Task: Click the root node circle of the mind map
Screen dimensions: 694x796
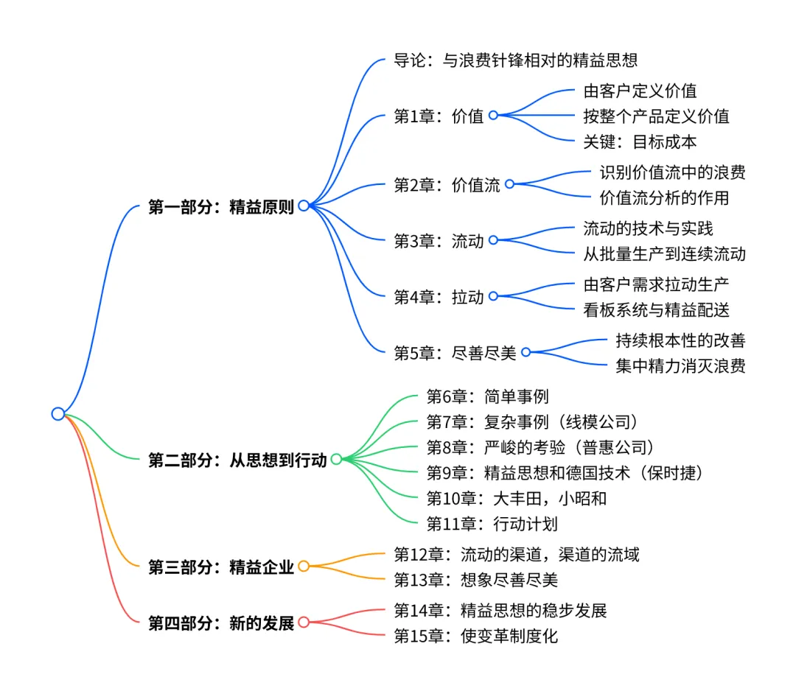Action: click(x=58, y=414)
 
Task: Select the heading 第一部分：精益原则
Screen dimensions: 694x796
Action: click(x=221, y=207)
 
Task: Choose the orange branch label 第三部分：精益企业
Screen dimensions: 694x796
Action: click(x=221, y=567)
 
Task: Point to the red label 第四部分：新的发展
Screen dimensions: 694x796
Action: click(x=221, y=623)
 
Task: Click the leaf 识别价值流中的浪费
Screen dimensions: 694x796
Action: click(x=672, y=172)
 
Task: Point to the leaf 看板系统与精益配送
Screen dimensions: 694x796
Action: click(x=656, y=310)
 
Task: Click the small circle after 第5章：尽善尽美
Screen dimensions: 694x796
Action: click(x=526, y=352)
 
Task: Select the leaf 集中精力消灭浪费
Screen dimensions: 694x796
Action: click(x=680, y=365)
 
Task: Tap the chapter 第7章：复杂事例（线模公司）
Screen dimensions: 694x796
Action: click(x=533, y=423)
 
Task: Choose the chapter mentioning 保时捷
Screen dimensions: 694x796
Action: click(x=565, y=473)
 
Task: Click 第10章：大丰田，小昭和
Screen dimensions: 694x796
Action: click(x=517, y=499)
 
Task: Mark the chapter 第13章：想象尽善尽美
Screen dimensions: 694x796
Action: click(x=476, y=580)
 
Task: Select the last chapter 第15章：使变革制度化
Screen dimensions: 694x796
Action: click(x=476, y=636)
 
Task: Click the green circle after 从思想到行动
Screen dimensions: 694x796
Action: click(x=336, y=460)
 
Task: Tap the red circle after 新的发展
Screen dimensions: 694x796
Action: click(x=304, y=623)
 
